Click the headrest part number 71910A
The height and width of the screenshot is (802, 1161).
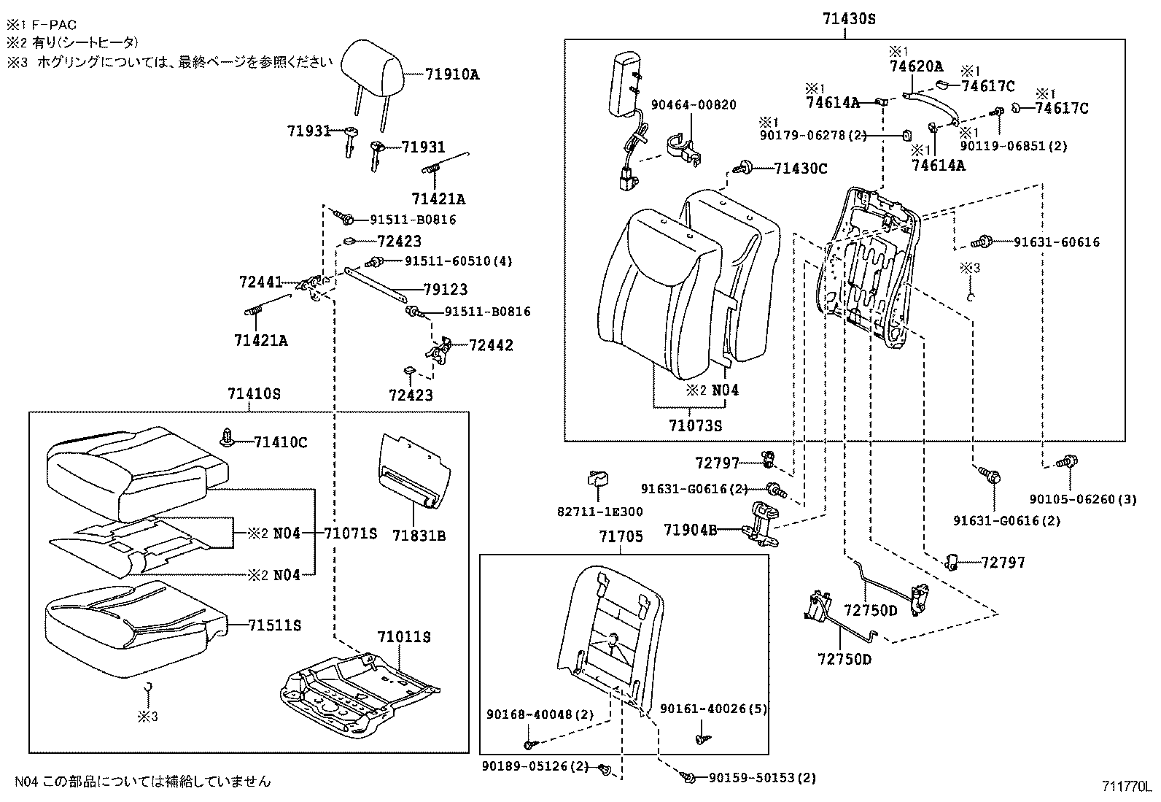452,74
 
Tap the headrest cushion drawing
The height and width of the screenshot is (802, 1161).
371,63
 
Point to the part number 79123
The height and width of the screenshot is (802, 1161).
446,290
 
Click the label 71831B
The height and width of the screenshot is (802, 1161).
419,536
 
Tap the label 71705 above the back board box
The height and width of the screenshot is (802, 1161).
621,537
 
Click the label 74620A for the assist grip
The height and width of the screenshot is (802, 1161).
916,66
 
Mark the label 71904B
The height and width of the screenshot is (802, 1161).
690,529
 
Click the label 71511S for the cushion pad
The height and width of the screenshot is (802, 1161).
275,625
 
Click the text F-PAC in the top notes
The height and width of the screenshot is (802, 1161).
52,25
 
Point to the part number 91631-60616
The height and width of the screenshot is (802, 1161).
1057,242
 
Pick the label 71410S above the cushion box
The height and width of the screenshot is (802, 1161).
254,394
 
